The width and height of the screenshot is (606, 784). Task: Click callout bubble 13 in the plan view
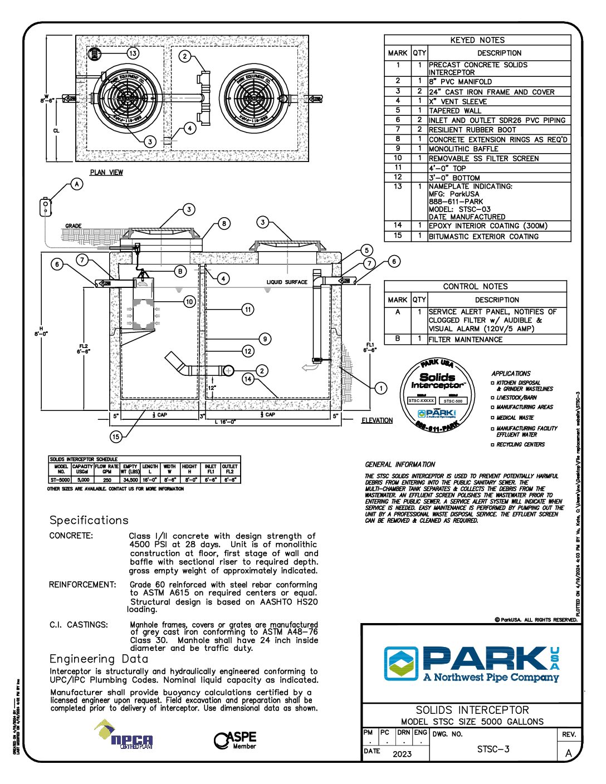133,53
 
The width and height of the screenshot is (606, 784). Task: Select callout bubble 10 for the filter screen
189,302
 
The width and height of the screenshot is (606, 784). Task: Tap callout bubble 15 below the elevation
116,437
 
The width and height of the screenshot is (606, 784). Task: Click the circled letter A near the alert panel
77,184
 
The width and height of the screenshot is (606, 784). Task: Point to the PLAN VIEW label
106,173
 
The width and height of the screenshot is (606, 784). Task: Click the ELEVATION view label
377,420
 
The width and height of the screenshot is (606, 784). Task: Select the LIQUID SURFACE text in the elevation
287,282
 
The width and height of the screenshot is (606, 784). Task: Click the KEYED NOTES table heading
477,40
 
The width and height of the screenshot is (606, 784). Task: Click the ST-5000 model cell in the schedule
60,479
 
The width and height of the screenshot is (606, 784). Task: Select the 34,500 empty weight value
130,479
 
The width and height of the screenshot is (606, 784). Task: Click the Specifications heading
89,520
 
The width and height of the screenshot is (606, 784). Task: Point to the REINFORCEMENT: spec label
82,585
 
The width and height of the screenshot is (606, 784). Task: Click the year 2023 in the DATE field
402,754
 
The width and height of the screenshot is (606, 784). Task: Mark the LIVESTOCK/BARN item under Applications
516,398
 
